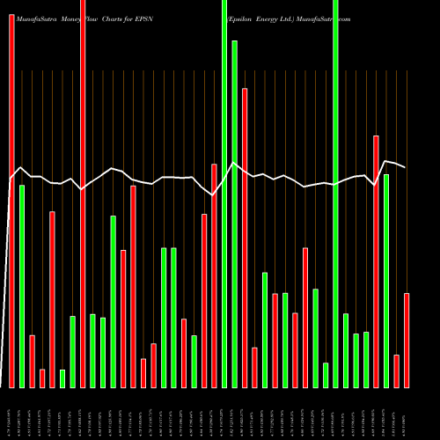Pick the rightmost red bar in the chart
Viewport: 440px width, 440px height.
click(407, 340)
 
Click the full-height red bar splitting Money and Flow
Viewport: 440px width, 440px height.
click(83, 194)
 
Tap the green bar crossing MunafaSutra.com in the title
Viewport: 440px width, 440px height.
click(336, 194)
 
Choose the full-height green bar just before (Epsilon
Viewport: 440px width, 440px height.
click(224, 194)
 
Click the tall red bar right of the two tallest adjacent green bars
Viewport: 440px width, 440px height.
click(245, 238)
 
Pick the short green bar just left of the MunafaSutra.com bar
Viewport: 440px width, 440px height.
click(326, 375)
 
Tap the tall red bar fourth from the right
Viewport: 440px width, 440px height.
click(377, 261)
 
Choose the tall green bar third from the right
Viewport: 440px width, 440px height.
click(386, 281)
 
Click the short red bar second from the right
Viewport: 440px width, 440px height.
click(397, 370)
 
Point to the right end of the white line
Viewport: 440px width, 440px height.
click(405, 166)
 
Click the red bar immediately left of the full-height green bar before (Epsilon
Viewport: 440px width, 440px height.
click(214, 275)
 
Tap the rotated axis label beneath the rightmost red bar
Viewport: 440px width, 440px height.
click(407, 414)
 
